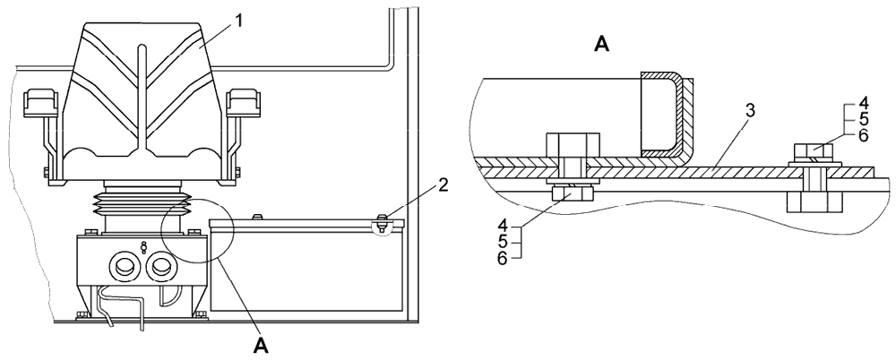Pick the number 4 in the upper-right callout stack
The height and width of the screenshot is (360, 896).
[863, 104]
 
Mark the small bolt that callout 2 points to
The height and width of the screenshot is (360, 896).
[382, 221]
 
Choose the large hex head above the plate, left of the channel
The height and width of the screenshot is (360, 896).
[566, 144]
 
